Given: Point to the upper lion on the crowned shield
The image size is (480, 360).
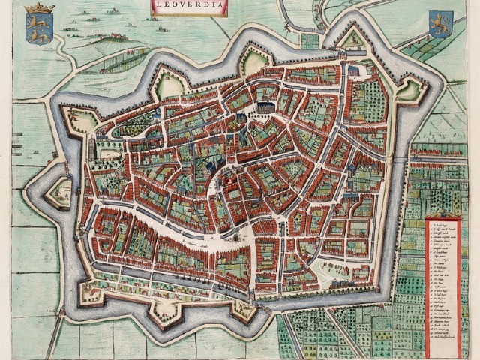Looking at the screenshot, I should click(x=34, y=24).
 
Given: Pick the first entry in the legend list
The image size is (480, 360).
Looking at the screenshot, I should click(x=438, y=226).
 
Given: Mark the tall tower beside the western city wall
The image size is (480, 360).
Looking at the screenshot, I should click(x=92, y=147).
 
